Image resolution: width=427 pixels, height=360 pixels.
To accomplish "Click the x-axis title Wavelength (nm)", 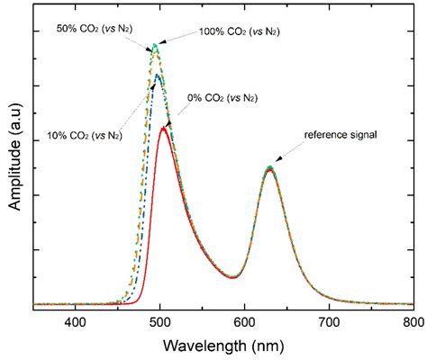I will (242, 346).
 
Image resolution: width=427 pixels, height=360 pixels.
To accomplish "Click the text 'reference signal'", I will (340, 135).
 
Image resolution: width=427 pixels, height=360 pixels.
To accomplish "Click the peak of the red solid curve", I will (163, 128).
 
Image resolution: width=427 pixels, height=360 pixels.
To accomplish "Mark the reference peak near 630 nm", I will (269, 167).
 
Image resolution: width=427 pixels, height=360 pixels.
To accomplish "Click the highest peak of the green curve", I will (156, 44).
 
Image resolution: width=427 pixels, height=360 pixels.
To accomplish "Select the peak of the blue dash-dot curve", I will (159, 75).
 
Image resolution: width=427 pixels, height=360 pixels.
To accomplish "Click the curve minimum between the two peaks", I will (233, 277).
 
